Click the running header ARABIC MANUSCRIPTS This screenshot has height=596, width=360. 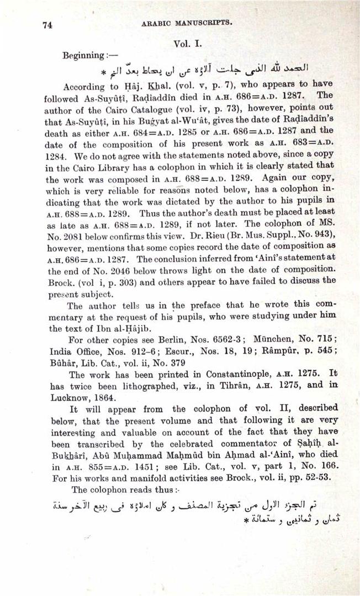coord(187,23)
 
